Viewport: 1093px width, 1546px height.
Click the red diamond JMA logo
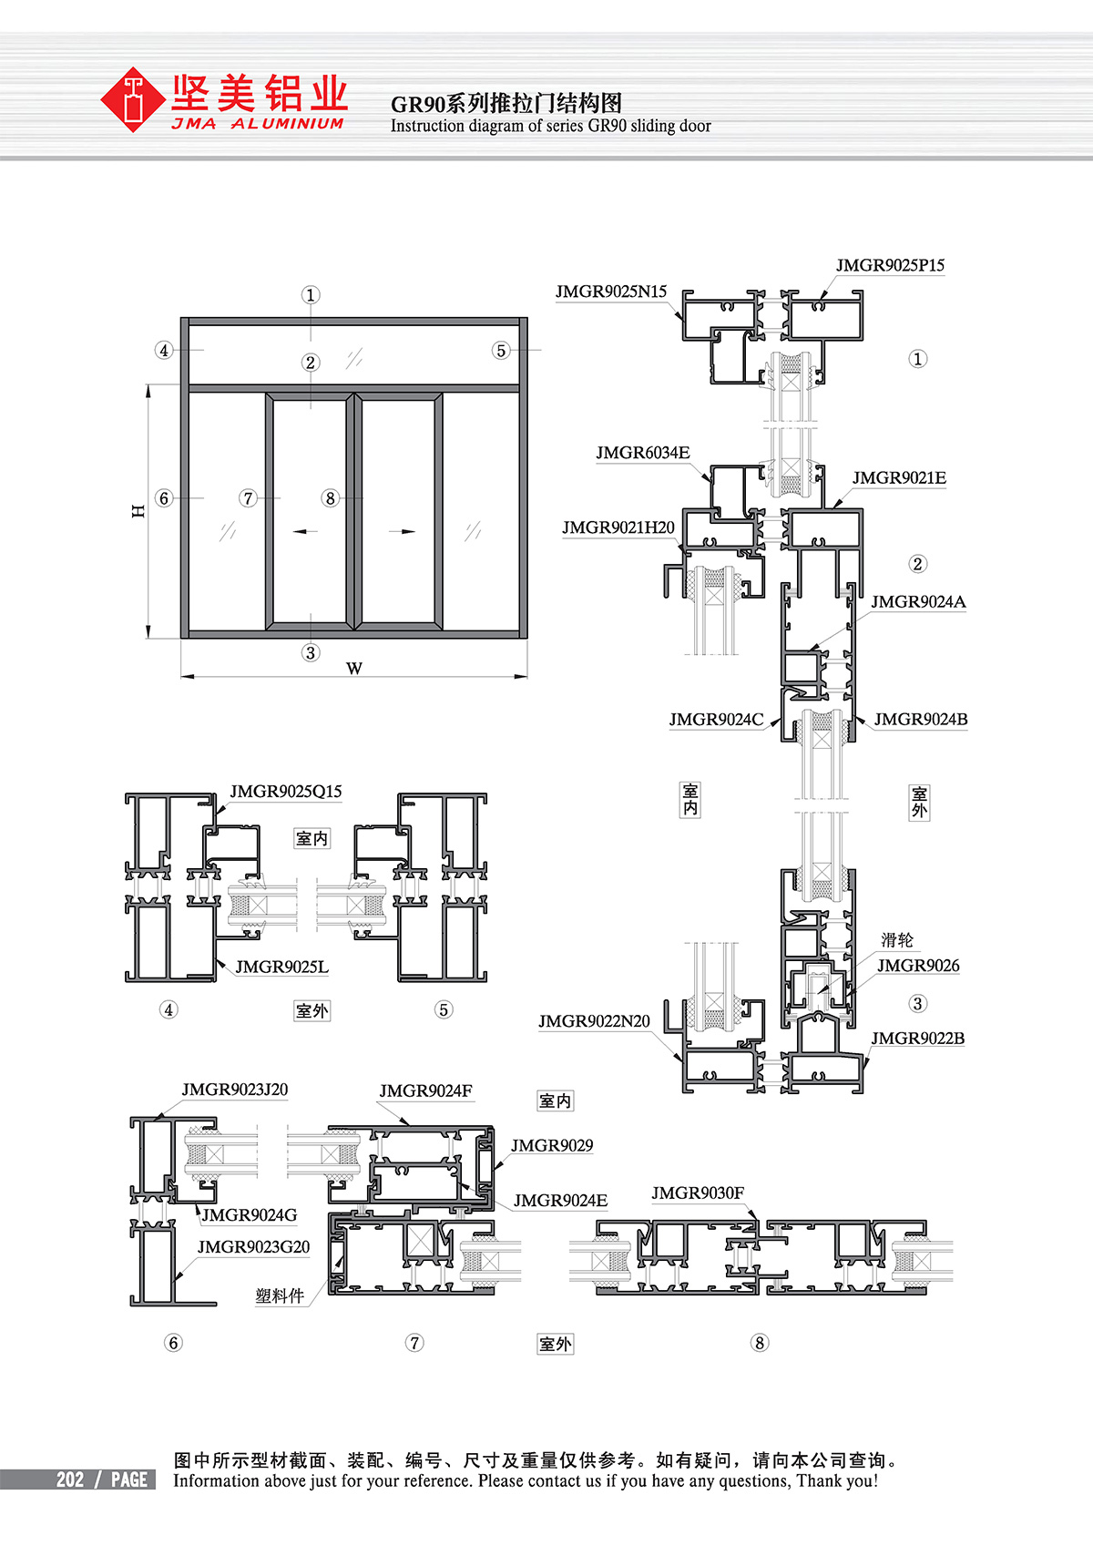[x=132, y=100]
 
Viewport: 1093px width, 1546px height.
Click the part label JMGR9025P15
[x=890, y=266]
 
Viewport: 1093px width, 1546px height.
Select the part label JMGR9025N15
[x=611, y=292]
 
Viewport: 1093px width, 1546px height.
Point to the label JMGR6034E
[x=643, y=453]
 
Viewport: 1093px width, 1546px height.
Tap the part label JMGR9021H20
[x=618, y=528]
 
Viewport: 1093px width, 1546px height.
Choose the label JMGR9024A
[x=918, y=602]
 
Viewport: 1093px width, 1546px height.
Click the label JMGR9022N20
[x=594, y=1021]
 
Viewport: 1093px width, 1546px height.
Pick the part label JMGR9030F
[x=699, y=1193]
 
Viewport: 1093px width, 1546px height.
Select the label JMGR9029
[x=552, y=1146]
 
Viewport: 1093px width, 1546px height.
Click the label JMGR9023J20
[x=235, y=1090]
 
